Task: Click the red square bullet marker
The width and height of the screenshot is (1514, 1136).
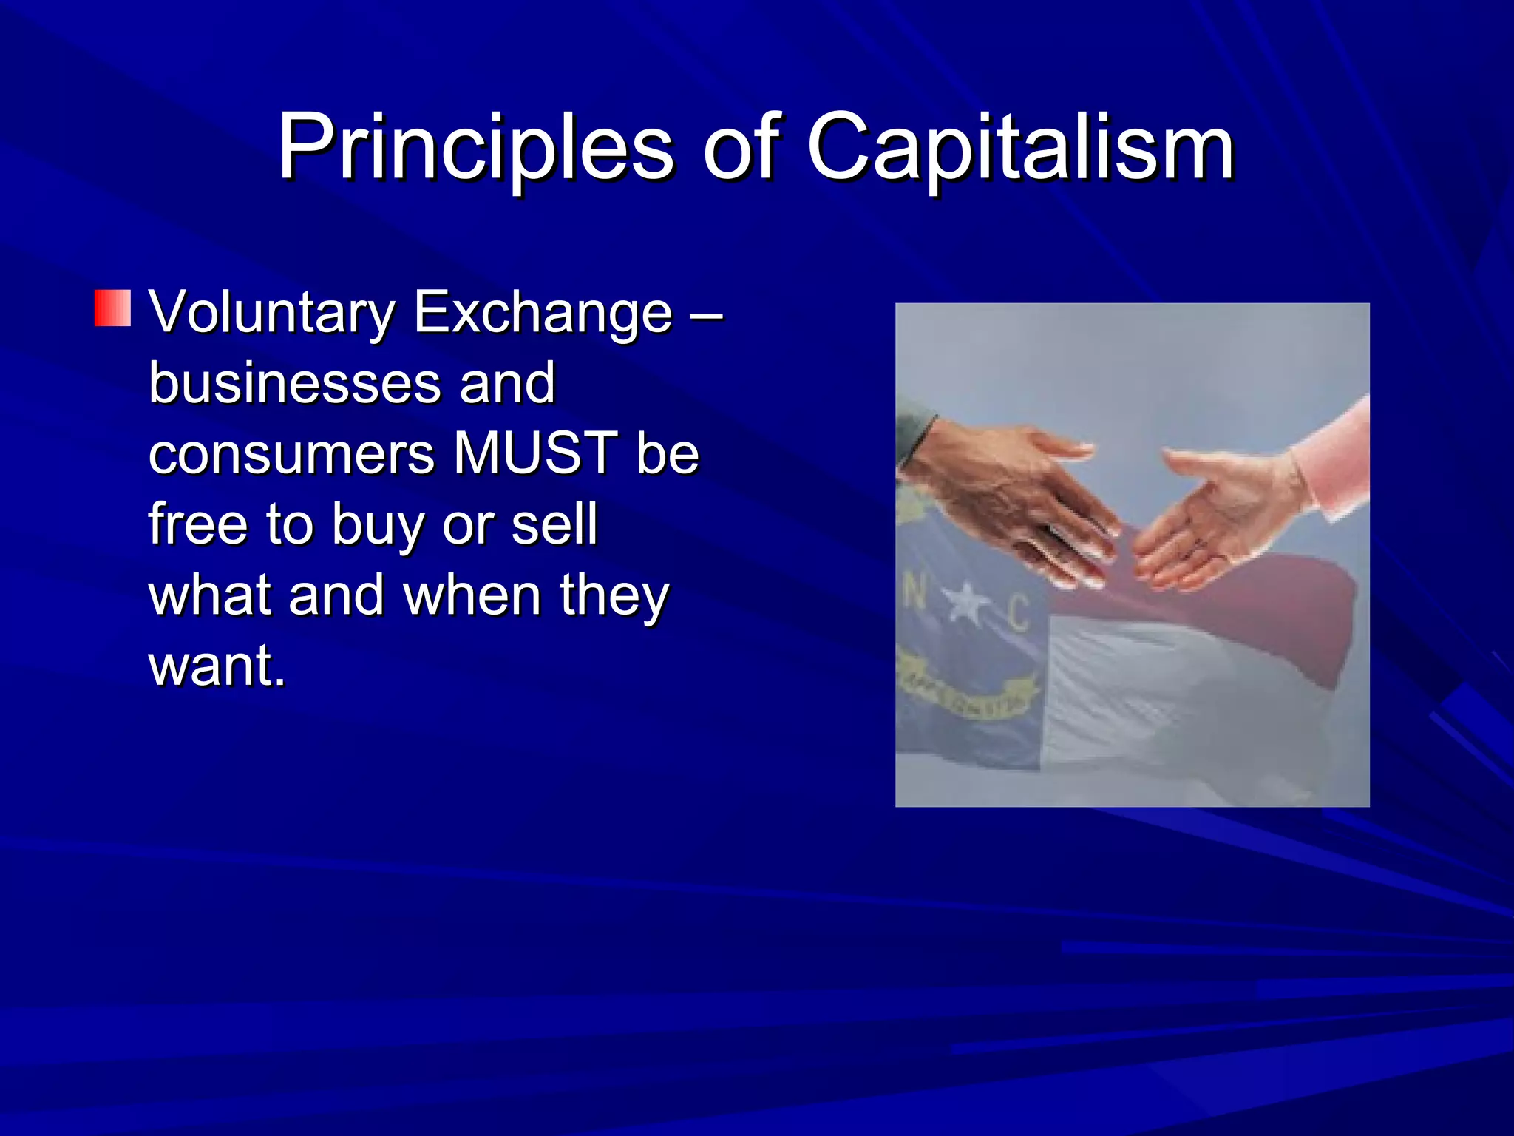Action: click(x=112, y=308)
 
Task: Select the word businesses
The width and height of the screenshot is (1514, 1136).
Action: click(x=295, y=383)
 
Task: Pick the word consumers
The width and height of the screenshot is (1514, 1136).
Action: click(x=291, y=453)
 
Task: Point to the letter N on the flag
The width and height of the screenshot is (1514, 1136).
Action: click(x=914, y=592)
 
